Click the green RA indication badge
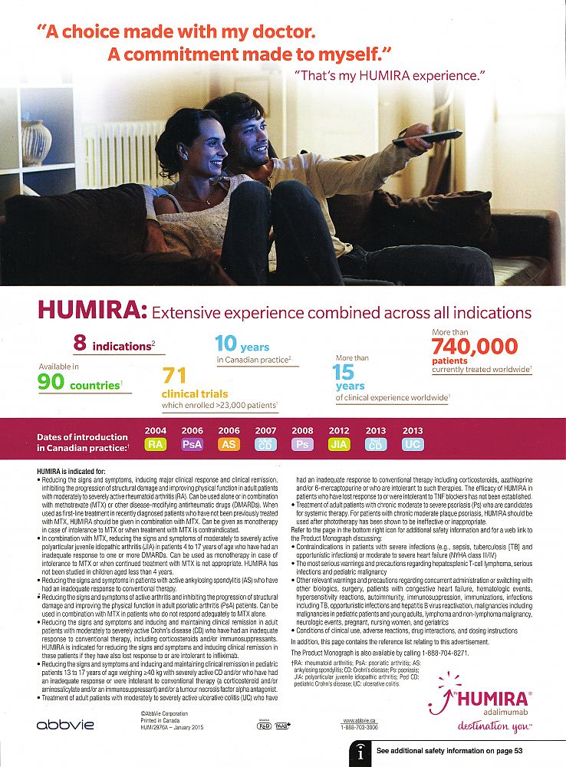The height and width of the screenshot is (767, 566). (x=156, y=444)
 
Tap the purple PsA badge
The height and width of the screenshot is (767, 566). (x=193, y=444)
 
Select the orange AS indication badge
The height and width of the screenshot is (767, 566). (x=229, y=444)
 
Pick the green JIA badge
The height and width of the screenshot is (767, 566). (x=339, y=444)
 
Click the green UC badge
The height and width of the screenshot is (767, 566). (x=412, y=444)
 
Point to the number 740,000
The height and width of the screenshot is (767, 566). (x=475, y=347)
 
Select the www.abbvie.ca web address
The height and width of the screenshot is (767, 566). (x=359, y=720)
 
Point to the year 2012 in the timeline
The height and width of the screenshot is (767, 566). (x=339, y=431)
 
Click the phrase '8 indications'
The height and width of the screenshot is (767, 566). (x=112, y=344)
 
